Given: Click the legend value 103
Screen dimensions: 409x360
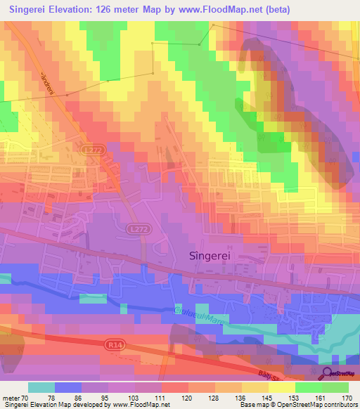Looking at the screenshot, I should (134, 398).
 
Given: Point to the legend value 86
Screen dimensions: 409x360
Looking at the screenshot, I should (81, 398).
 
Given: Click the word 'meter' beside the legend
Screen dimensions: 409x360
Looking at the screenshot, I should (12, 398).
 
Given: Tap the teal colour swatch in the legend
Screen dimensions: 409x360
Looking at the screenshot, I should (41, 387).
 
